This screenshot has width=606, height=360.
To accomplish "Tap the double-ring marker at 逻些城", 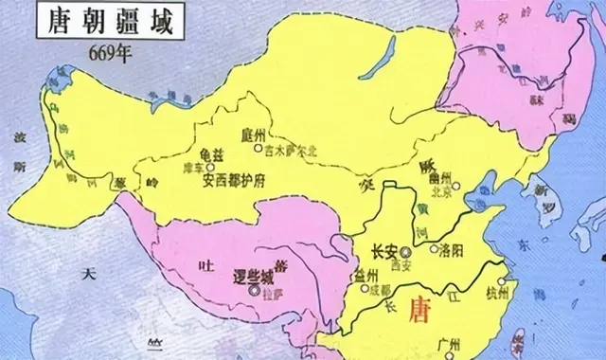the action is coord(254,292).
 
